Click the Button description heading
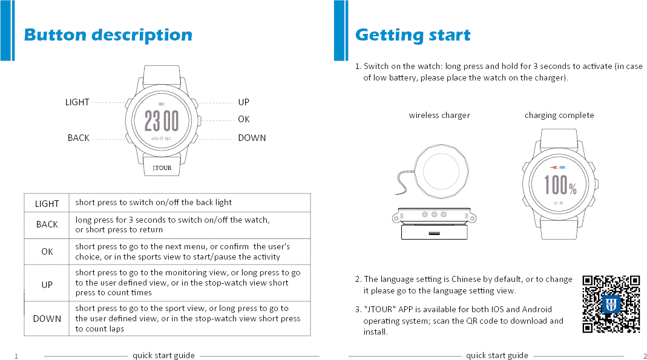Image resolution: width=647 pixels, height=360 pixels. tap(108, 35)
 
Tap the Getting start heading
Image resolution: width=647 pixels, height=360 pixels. tap(413, 35)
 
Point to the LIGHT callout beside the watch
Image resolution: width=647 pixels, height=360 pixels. tap(77, 102)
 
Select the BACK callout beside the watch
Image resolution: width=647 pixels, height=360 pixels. tap(78, 138)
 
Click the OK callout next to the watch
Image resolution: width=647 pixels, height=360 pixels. tap(243, 120)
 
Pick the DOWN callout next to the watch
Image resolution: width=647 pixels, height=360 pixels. tap(252, 138)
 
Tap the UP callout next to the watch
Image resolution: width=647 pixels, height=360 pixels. tap(243, 102)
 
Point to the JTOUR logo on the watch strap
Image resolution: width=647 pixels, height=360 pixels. tap(162, 168)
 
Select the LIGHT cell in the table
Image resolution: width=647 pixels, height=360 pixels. tap(47, 204)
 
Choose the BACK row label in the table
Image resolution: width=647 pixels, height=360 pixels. tap(47, 224)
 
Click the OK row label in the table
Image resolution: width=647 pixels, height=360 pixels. tap(47, 252)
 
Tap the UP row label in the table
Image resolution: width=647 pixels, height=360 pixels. tap(47, 284)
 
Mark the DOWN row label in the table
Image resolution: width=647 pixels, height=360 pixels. tap(47, 319)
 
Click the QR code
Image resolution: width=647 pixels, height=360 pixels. tap(611, 304)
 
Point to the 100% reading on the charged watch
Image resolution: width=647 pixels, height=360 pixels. tap(560, 185)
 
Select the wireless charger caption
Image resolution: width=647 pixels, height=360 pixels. tap(439, 116)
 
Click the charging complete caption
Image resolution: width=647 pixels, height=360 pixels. tap(559, 116)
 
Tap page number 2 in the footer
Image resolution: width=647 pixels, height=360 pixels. tap(645, 356)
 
